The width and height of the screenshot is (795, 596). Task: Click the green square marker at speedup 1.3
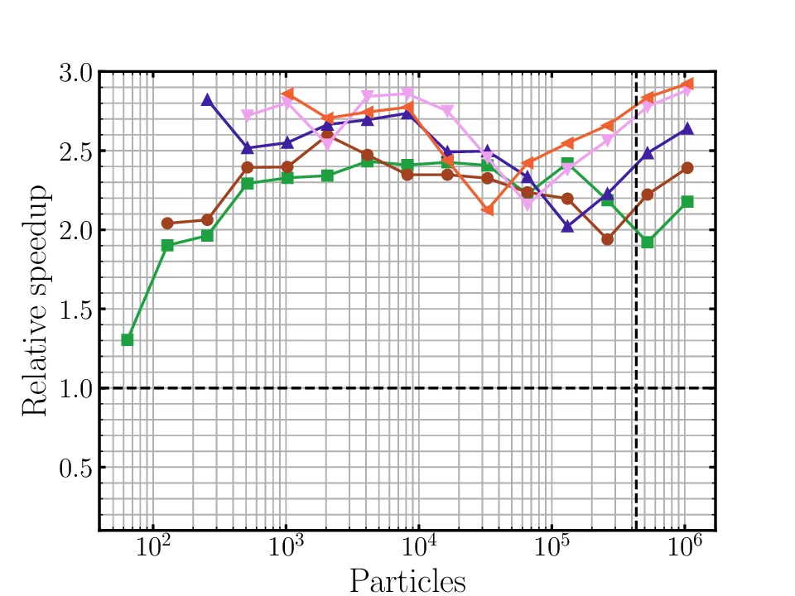point(127,340)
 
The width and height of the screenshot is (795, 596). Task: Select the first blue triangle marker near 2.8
point(207,100)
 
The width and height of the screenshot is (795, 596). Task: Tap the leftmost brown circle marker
point(167,223)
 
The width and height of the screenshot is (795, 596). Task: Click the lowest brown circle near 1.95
point(607,239)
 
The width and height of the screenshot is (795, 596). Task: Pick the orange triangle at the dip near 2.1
point(488,210)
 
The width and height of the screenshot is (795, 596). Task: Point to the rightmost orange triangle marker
point(687,84)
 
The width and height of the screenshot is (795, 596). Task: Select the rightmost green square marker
point(687,202)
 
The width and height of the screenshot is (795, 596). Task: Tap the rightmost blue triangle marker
point(687,129)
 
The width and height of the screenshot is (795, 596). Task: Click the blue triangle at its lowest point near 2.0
point(567,226)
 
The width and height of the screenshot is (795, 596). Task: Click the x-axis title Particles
point(407,580)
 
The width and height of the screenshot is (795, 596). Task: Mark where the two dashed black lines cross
point(636,388)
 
